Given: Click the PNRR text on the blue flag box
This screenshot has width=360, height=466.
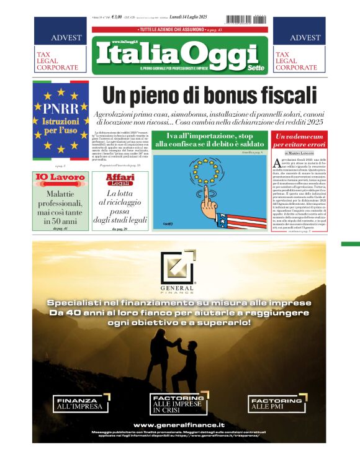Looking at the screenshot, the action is pyautogui.click(x=61, y=106).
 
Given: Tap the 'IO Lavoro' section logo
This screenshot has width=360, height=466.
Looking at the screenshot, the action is pyautogui.click(x=60, y=178).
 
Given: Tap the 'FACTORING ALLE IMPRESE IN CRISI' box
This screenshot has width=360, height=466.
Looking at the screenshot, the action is pyautogui.click(x=180, y=404).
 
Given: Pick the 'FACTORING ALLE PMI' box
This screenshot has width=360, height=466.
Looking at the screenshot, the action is pyautogui.click(x=276, y=404).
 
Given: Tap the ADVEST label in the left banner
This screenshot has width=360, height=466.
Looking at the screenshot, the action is pyautogui.click(x=66, y=38).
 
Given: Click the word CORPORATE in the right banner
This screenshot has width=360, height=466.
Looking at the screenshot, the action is pyautogui.click(x=296, y=67).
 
